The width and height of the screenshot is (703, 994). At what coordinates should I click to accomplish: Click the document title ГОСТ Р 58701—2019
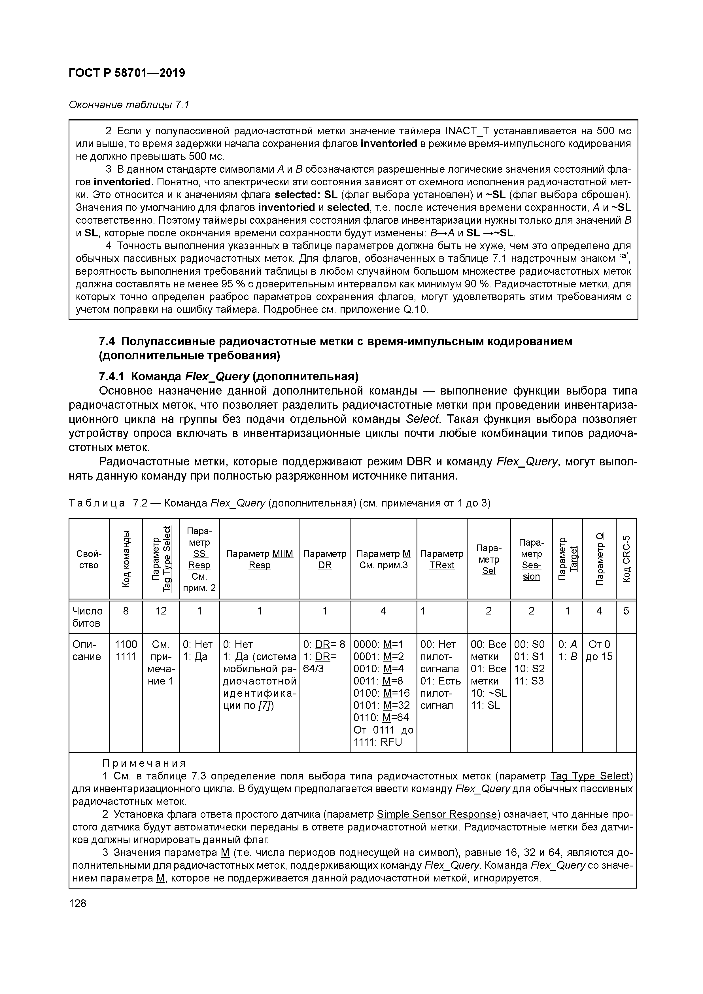tap(127, 73)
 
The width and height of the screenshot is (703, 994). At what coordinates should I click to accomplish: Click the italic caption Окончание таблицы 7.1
tap(129, 105)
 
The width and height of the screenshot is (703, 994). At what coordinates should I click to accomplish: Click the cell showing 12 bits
tap(161, 611)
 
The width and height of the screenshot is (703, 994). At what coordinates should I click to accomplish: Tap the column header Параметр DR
tap(325, 559)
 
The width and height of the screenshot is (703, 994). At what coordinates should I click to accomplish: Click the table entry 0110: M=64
tap(381, 717)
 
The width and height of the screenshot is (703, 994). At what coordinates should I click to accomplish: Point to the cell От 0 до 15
tap(599, 650)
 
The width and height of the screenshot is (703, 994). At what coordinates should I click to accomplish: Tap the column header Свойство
tap(88, 559)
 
